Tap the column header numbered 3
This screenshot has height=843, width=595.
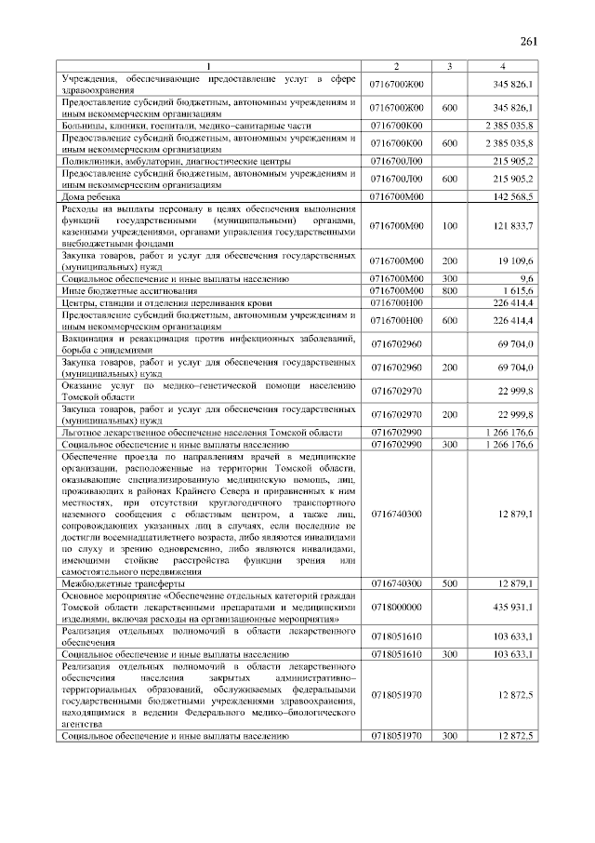[x=449, y=65]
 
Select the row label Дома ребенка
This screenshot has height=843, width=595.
[x=87, y=197]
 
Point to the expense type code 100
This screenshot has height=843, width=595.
[x=449, y=226]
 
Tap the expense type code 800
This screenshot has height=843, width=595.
[x=449, y=290]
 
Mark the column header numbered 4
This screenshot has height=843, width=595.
[x=503, y=65]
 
